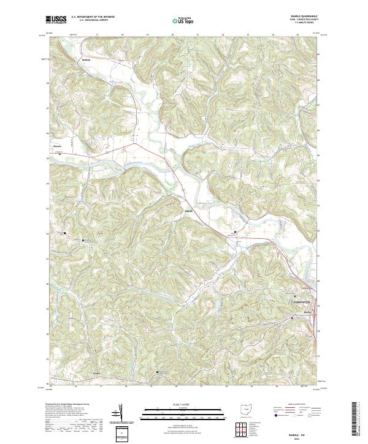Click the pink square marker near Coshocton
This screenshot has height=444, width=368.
[x=293, y=318]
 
